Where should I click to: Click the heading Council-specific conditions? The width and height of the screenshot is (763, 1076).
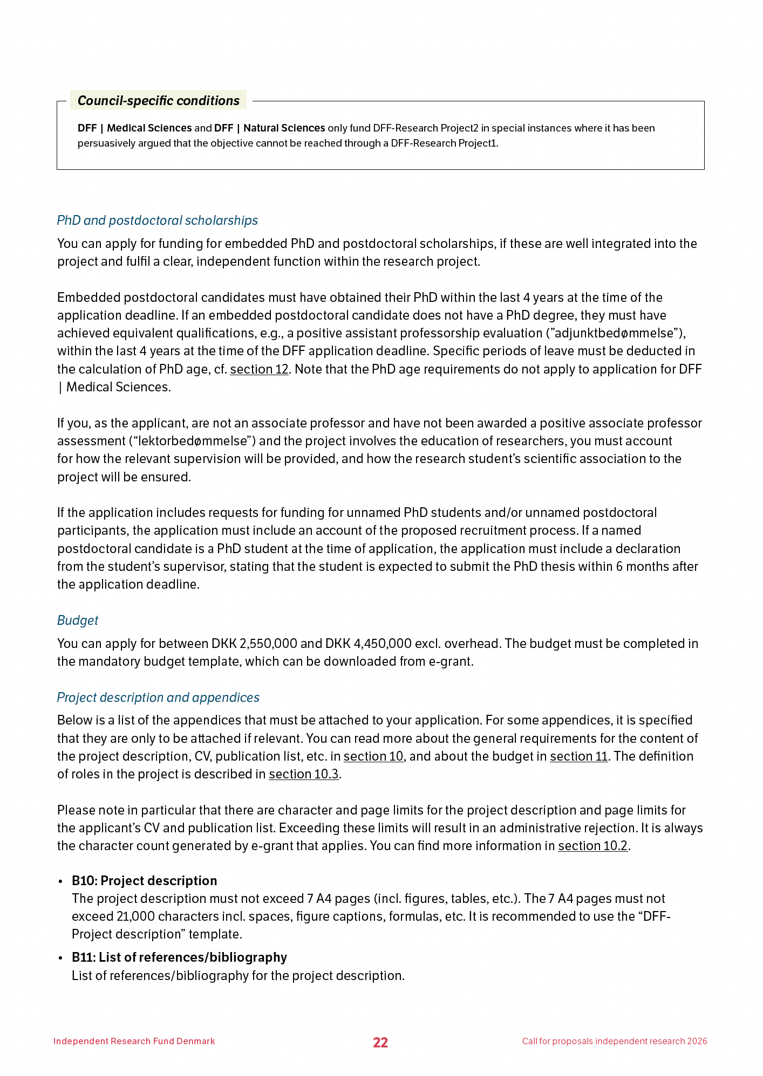158,101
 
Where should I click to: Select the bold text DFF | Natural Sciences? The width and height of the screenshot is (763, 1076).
269,128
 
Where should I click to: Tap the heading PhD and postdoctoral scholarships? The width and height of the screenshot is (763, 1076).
157,220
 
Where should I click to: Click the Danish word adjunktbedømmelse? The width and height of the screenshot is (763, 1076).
616,333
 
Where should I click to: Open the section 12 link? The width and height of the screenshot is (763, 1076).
259,369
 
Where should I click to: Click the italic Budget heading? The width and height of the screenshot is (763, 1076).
78,620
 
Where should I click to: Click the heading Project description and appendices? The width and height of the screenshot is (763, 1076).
158,698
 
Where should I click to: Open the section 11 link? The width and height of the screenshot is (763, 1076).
579,756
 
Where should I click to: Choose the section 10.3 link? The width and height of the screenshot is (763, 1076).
304,774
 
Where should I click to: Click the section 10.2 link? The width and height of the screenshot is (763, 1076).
592,846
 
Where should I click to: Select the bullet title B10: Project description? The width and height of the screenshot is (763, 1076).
144,881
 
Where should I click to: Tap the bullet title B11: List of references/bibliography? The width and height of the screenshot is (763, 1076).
179,957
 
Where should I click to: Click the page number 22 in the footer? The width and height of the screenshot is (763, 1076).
380,1043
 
